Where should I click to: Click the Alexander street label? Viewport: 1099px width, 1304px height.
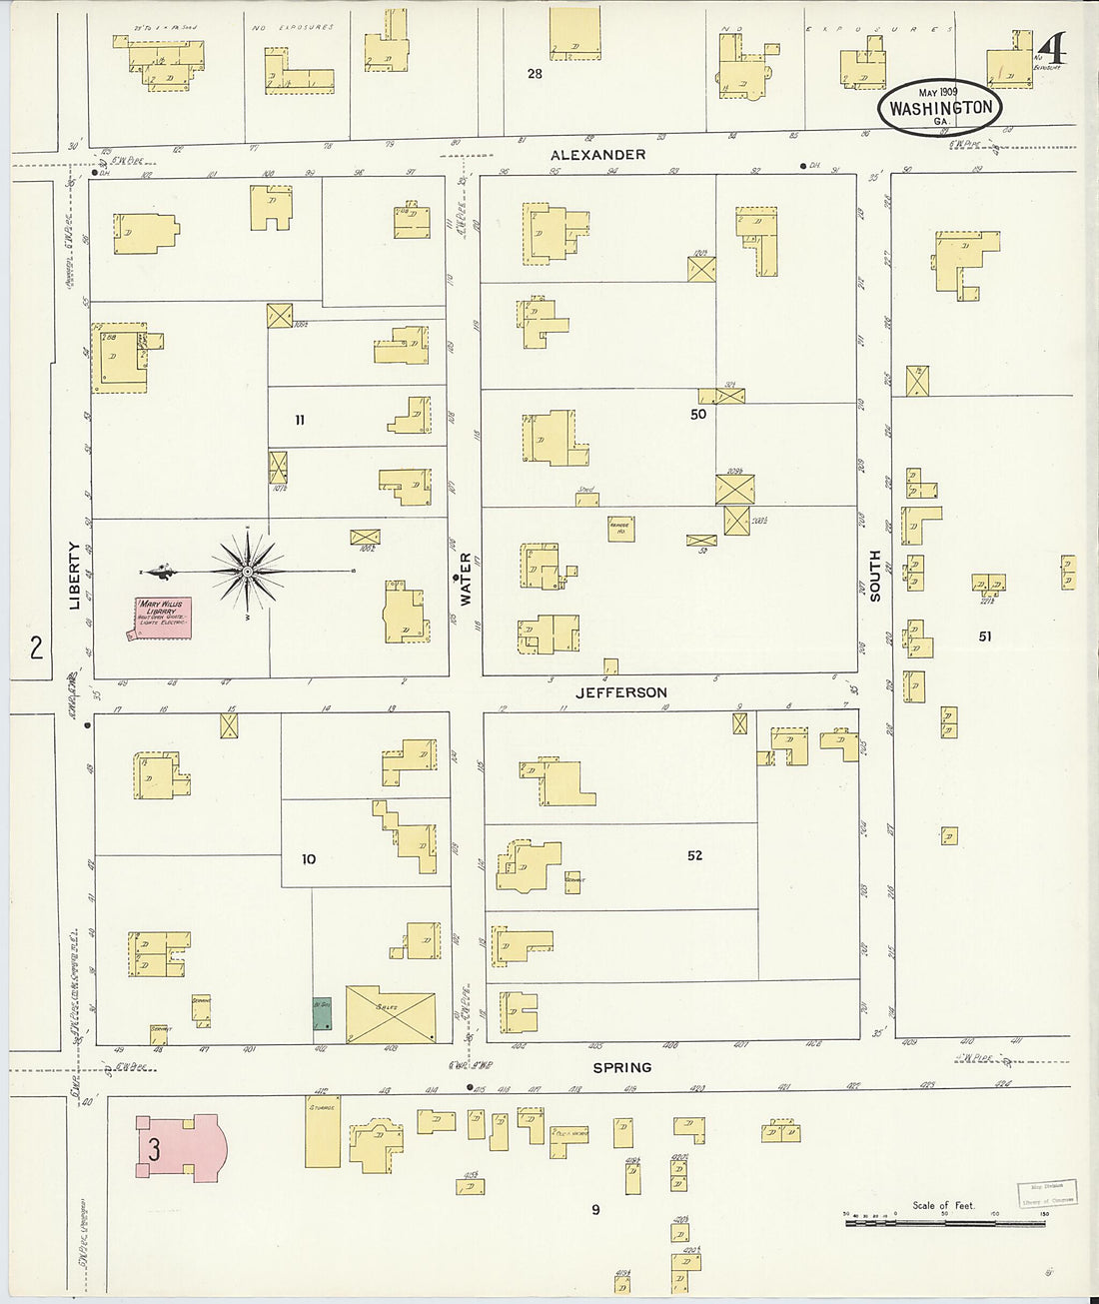click(597, 155)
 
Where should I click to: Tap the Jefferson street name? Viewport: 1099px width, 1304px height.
click(621, 692)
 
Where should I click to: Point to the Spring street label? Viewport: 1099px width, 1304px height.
click(622, 1067)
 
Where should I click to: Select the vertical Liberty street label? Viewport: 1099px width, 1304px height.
click(75, 576)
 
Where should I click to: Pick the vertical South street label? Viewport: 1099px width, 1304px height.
click(875, 576)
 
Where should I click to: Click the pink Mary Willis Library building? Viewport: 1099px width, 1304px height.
click(163, 617)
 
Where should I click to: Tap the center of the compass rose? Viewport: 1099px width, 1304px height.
click(247, 571)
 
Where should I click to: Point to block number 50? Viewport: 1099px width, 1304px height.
click(698, 414)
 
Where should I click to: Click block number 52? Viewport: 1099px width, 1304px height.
click(694, 855)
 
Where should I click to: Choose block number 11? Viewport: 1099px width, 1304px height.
click(300, 421)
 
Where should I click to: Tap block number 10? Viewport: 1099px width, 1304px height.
click(308, 859)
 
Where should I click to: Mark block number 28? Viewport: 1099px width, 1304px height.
click(535, 73)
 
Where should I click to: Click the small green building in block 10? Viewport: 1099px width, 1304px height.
click(322, 1014)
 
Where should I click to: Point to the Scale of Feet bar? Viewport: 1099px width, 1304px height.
click(945, 1221)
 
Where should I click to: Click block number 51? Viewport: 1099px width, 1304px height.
click(985, 637)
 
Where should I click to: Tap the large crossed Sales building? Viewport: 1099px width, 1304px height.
click(391, 1015)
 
